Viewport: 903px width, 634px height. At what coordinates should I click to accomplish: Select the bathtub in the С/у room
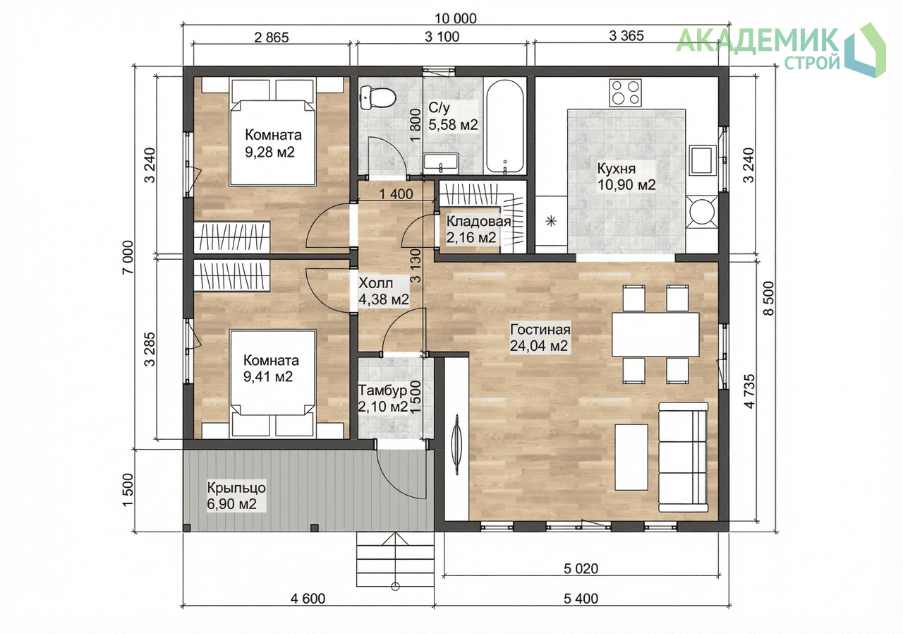pyautogui.click(x=504, y=127)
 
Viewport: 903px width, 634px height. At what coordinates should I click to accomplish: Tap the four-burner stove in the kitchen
pyautogui.click(x=626, y=92)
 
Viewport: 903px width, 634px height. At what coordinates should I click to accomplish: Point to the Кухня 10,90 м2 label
pyautogui.click(x=626, y=177)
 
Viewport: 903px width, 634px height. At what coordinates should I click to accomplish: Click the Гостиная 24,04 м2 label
pyautogui.click(x=540, y=337)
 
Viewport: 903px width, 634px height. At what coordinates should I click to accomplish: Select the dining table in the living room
pyautogui.click(x=655, y=335)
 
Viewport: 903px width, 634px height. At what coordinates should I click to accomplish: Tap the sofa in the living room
pyautogui.click(x=683, y=457)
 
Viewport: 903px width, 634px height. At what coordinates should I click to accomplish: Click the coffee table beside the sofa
pyautogui.click(x=631, y=457)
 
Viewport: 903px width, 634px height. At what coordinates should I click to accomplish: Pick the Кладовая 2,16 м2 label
pyautogui.click(x=478, y=229)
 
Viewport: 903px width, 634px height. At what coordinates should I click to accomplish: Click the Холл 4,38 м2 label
pyautogui.click(x=383, y=291)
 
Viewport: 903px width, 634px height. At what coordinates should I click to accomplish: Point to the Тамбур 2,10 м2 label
pyautogui.click(x=383, y=398)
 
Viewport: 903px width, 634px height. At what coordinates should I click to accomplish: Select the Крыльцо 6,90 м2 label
pyautogui.click(x=236, y=496)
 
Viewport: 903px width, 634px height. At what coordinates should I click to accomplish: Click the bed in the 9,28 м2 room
pyautogui.click(x=272, y=132)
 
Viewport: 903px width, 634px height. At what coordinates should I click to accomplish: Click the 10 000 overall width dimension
pyautogui.click(x=456, y=18)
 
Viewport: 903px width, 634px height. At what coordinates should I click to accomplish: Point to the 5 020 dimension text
pyautogui.click(x=581, y=568)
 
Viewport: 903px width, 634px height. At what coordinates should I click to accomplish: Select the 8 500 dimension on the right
pyautogui.click(x=769, y=299)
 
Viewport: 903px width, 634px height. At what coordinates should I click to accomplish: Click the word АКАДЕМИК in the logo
pyautogui.click(x=757, y=40)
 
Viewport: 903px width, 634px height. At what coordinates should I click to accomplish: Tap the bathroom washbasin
pyautogui.click(x=441, y=163)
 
